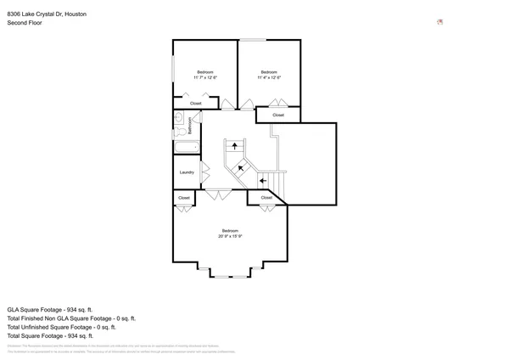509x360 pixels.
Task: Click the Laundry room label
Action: coord(187,172)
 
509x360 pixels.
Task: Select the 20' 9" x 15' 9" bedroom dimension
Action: coord(230,236)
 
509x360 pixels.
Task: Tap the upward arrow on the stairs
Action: coord(235,146)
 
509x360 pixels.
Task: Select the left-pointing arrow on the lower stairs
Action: coord(263,180)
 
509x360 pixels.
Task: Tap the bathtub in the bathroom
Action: coord(186,147)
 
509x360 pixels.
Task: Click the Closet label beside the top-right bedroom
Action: coord(278,114)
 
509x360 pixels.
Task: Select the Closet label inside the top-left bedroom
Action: coord(195,104)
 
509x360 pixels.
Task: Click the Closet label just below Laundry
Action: coord(184,198)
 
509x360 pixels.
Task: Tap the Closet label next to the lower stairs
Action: coord(266,198)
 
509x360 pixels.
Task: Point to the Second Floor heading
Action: coord(24,23)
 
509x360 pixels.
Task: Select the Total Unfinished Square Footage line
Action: coord(61,327)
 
